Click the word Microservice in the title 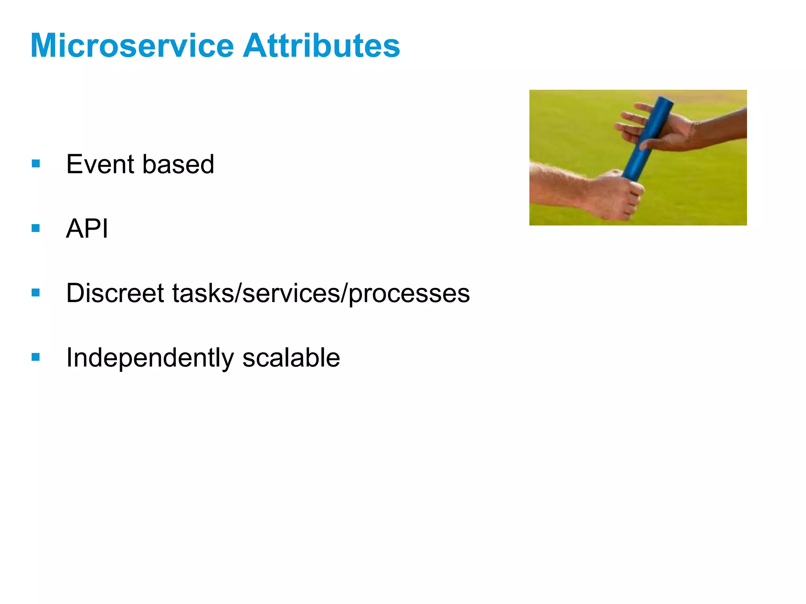(x=132, y=46)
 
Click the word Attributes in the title (x=321, y=46)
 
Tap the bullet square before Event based (x=36, y=163)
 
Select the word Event (x=100, y=164)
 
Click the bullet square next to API (x=36, y=228)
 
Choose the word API (x=87, y=228)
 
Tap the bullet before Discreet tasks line (x=36, y=292)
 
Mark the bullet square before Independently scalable (x=36, y=357)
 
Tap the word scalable (x=291, y=358)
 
